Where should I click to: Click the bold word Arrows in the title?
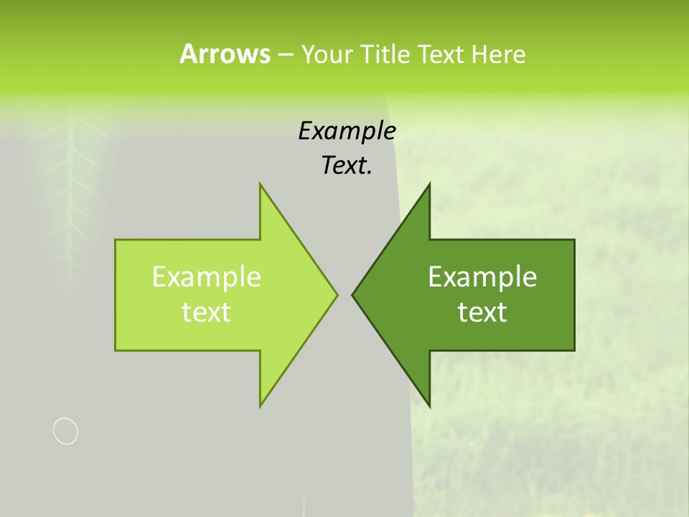[x=225, y=54]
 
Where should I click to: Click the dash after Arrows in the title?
[x=285, y=55]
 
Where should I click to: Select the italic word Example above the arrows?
[x=347, y=131]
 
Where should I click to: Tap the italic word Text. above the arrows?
[x=347, y=165]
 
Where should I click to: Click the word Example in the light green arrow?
[x=207, y=276]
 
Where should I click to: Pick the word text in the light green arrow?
[x=207, y=312]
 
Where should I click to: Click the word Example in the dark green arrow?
[x=482, y=276]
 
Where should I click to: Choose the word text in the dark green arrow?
[x=482, y=312]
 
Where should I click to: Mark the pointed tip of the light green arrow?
[x=337, y=294]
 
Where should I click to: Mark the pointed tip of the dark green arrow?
[x=352, y=294]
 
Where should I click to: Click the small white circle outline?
[x=65, y=431]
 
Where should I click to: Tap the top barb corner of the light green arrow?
[x=261, y=185]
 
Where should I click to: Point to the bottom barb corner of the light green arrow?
[x=261, y=406]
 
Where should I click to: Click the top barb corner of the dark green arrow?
[x=429, y=185]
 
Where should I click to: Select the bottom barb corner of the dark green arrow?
[x=429, y=406]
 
